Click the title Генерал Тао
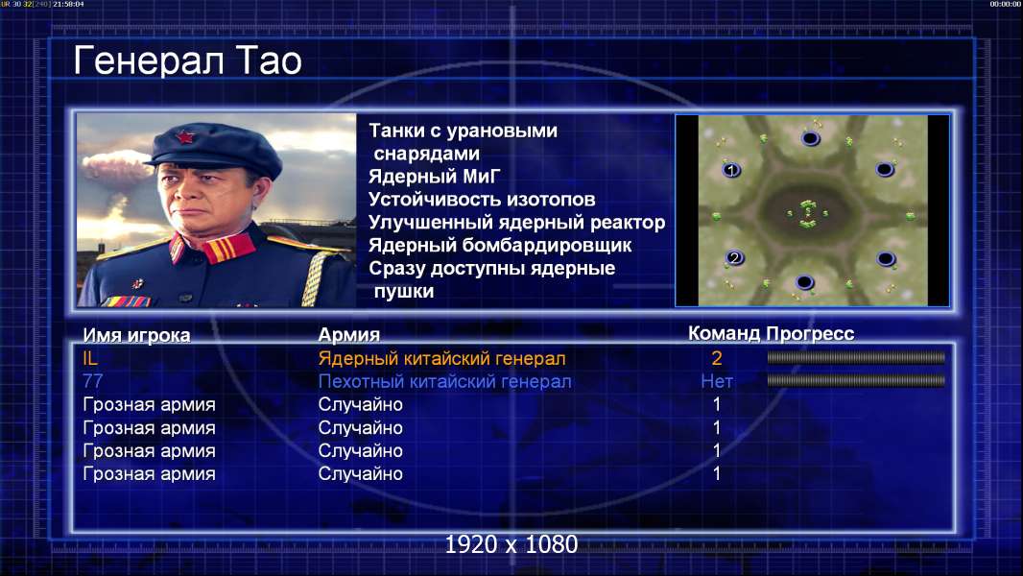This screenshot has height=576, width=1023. pyautogui.click(x=187, y=60)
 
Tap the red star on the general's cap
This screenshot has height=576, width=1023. pyautogui.click(x=185, y=137)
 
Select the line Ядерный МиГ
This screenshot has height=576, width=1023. pyautogui.click(x=434, y=176)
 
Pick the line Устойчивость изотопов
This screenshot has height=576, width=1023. pyautogui.click(x=482, y=199)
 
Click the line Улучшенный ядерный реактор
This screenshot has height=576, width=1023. pyautogui.click(x=516, y=223)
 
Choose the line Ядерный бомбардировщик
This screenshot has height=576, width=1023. pyautogui.click(x=500, y=245)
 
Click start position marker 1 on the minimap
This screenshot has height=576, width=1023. pyautogui.click(x=730, y=170)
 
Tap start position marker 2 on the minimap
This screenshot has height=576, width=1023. pyautogui.click(x=735, y=257)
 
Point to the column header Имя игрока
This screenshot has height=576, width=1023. pyautogui.click(x=136, y=335)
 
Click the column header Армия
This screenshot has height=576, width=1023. pyautogui.click(x=349, y=335)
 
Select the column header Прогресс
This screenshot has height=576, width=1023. pyautogui.click(x=810, y=333)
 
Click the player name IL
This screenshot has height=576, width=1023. pyautogui.click(x=90, y=358)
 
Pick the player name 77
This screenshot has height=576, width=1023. pyautogui.click(x=93, y=381)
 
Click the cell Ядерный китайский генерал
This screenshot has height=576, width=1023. pyautogui.click(x=441, y=358)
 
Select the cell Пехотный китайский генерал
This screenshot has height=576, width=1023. pyautogui.click(x=445, y=381)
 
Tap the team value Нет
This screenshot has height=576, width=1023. pyautogui.click(x=716, y=381)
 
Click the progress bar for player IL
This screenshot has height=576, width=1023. pyautogui.click(x=856, y=357)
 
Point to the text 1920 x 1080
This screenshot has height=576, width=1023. pyautogui.click(x=511, y=544)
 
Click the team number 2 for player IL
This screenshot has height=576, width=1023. pyautogui.click(x=716, y=358)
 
